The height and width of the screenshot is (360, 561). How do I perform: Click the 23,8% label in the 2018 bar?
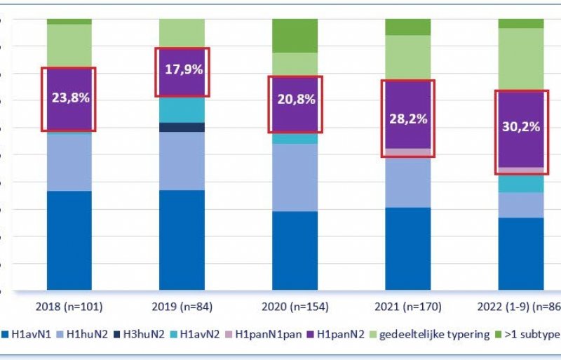(70, 98)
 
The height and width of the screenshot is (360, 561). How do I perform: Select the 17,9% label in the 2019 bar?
(182, 70)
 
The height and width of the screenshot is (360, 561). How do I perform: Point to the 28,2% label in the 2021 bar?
(408, 119)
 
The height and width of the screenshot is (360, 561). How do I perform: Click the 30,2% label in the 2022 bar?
(521, 127)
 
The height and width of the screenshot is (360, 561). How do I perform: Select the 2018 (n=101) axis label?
(69, 307)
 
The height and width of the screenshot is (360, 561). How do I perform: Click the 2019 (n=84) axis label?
(182, 307)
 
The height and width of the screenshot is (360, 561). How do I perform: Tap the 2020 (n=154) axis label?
(295, 307)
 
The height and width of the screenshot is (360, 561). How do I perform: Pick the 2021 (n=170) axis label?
(408, 307)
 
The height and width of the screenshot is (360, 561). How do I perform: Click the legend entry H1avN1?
(29, 335)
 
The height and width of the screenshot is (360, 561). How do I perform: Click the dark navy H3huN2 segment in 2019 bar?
(182, 127)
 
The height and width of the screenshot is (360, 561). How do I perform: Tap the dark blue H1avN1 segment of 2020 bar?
(295, 250)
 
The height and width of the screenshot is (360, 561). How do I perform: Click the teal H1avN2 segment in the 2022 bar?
(521, 184)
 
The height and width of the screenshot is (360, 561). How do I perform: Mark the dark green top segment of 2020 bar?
(295, 36)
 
